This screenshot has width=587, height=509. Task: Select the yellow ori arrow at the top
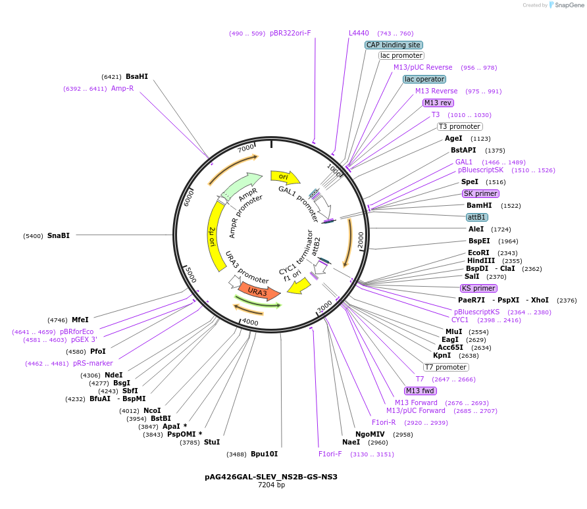285,177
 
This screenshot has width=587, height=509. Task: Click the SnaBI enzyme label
59,235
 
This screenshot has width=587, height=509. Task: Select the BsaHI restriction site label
137,76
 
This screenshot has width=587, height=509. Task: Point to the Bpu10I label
264,454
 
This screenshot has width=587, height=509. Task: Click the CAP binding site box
394,45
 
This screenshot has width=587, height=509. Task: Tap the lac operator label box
424,80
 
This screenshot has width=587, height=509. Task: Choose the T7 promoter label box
446,367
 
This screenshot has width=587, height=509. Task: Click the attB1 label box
477,217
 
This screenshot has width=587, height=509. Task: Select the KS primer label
479,288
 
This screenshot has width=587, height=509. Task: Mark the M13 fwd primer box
421,391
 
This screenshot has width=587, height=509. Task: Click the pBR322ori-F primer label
290,33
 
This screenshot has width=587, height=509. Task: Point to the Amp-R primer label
122,88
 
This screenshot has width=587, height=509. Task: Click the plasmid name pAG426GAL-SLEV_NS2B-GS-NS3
271,476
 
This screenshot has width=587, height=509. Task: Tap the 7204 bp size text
271,485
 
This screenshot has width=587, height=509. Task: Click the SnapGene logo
564,5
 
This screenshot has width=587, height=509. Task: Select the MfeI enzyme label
80,320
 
